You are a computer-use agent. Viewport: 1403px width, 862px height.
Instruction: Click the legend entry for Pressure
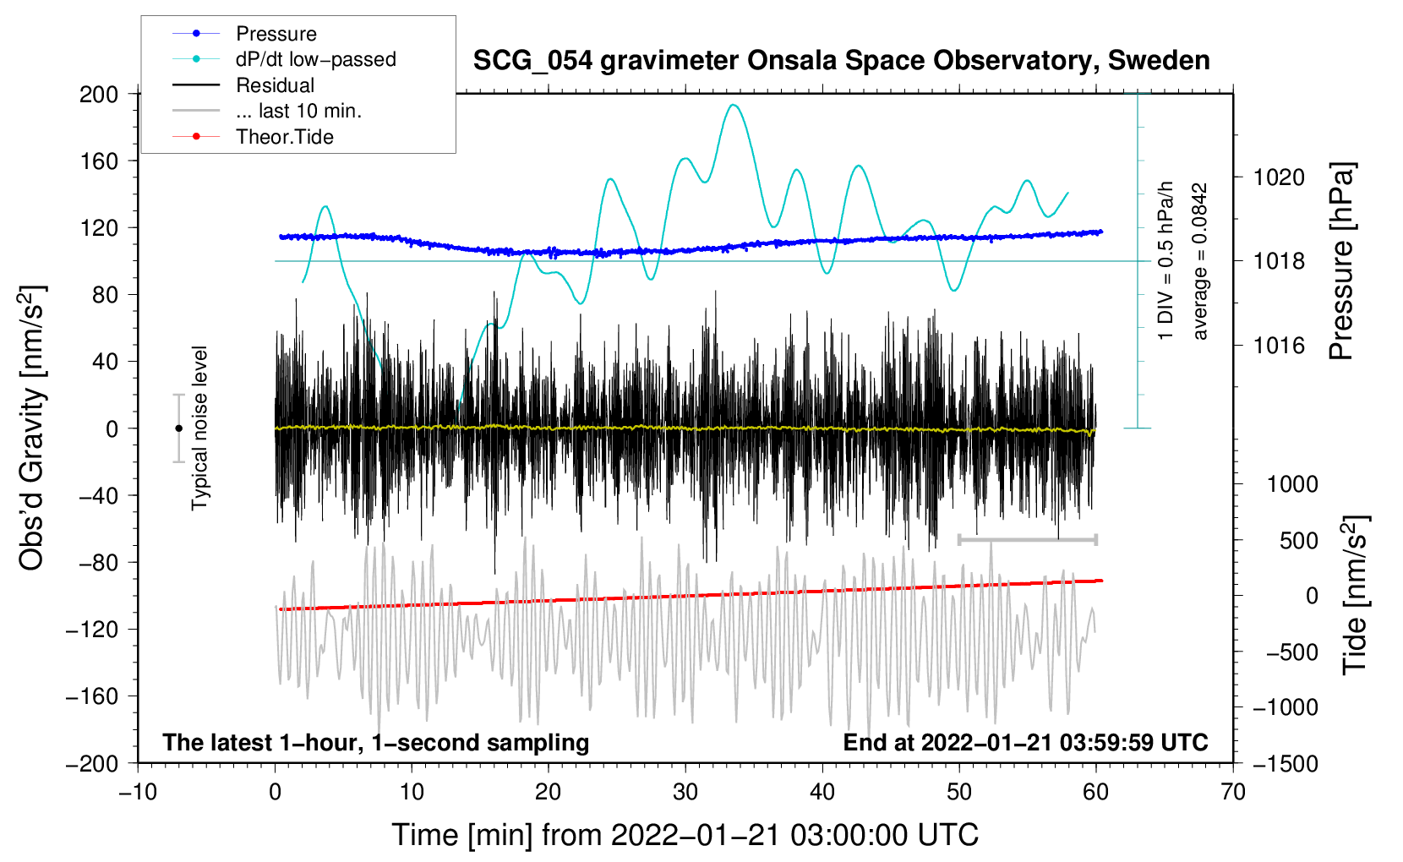click(x=244, y=33)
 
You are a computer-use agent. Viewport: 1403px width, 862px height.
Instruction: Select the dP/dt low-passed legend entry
click(x=284, y=59)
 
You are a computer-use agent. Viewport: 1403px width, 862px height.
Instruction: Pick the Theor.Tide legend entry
click(x=253, y=137)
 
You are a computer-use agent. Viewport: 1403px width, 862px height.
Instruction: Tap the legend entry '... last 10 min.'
click(x=267, y=111)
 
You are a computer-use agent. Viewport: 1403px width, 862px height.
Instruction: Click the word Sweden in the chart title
click(x=1159, y=60)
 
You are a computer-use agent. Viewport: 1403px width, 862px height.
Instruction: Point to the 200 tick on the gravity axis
click(x=98, y=95)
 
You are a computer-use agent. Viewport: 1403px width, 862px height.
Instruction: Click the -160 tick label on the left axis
click(x=92, y=696)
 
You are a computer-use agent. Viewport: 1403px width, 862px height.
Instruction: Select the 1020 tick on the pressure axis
click(x=1279, y=177)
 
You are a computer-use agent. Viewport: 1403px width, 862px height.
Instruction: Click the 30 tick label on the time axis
click(x=685, y=793)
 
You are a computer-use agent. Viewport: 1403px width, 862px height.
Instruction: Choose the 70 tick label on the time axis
click(x=1232, y=793)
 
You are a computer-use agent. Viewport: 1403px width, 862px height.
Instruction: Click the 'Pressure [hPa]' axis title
click(x=1342, y=261)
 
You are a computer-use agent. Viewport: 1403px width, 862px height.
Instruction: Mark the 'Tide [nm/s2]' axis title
click(x=1356, y=595)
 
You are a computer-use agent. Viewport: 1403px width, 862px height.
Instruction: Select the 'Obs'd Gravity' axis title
click(x=31, y=428)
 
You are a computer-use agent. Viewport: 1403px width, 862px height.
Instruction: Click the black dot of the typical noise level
click(x=178, y=428)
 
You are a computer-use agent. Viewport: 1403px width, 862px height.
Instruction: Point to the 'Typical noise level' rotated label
click(x=199, y=428)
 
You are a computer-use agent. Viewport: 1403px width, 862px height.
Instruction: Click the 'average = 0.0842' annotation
click(x=1199, y=261)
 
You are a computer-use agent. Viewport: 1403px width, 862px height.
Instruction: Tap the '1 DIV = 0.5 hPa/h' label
click(x=1165, y=261)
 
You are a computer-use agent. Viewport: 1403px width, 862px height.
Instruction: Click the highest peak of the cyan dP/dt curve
click(x=734, y=105)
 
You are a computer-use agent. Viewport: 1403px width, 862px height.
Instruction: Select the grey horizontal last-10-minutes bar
click(x=1027, y=539)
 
